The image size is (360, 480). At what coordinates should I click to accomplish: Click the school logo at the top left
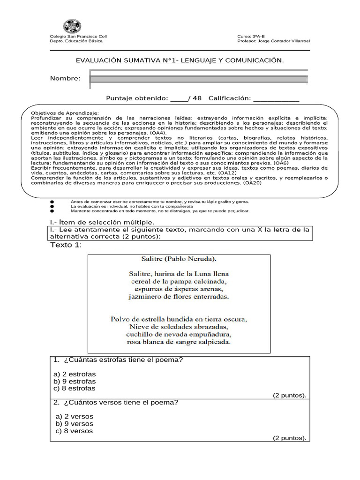(72, 26)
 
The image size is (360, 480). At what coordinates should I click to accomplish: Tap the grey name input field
(199, 79)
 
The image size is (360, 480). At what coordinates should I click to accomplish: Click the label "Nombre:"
(65, 78)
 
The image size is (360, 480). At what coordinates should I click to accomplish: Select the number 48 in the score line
(197, 98)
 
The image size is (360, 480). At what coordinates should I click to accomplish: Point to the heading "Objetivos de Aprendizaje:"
(65, 113)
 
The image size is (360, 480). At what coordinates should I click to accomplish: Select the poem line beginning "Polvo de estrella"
(179, 319)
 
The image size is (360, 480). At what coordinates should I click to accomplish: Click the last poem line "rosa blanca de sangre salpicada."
(179, 342)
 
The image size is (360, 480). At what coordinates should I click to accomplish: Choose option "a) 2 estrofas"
(75, 374)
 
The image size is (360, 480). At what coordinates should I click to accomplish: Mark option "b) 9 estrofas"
(75, 381)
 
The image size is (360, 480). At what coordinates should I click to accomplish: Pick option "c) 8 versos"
(74, 431)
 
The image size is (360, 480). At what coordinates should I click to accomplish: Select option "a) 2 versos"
(74, 416)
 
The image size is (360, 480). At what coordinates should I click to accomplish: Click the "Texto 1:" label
(66, 245)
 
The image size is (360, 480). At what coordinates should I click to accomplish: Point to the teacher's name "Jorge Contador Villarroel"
(283, 41)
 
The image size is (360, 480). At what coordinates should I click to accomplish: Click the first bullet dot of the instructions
(52, 202)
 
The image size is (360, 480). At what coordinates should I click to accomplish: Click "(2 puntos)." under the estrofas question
(290, 396)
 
